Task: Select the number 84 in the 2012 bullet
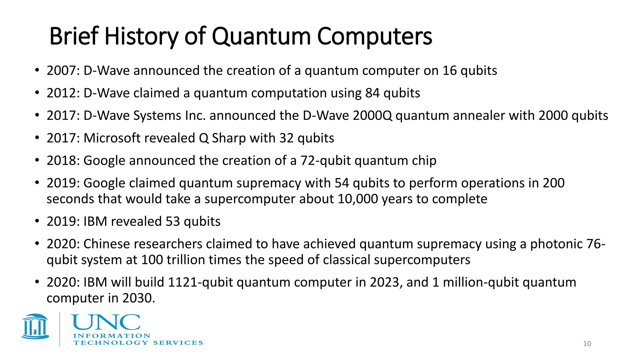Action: coord(372,93)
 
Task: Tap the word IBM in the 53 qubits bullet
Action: coord(95,222)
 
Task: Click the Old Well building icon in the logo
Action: coord(35,327)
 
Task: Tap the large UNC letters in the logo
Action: coord(106,322)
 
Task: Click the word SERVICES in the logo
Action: coord(178,343)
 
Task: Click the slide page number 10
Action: coord(587,344)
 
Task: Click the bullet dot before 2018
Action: coord(37,160)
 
